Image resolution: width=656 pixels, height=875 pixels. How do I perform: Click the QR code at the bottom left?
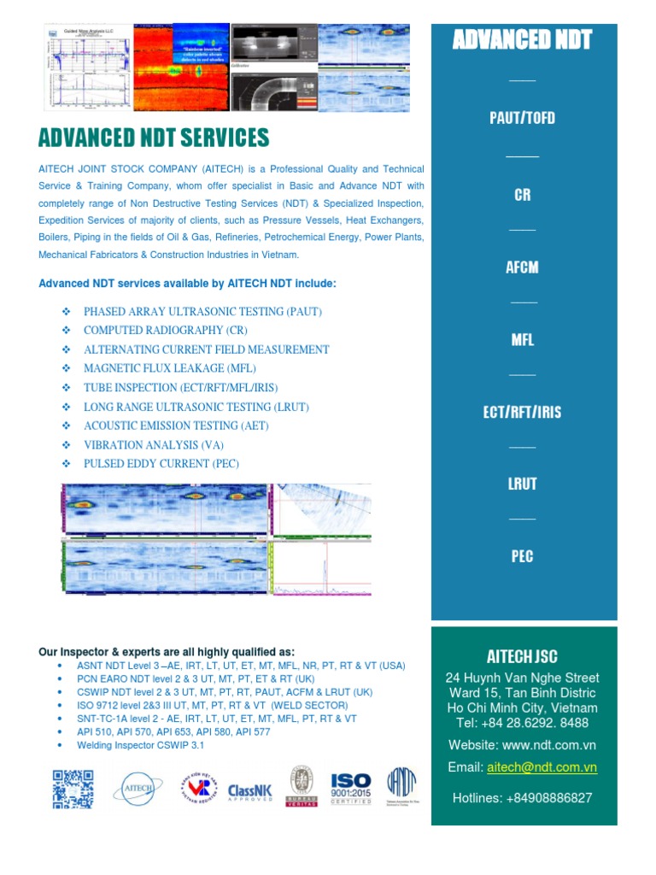[73, 789]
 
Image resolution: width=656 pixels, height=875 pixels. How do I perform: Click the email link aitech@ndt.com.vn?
[542, 767]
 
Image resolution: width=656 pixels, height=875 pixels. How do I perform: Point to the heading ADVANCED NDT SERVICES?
[154, 138]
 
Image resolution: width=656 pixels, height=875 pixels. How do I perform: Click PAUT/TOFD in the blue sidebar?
[522, 118]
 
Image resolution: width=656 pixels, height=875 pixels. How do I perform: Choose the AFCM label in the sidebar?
[522, 267]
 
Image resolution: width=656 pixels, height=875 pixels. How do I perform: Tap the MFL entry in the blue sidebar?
[522, 340]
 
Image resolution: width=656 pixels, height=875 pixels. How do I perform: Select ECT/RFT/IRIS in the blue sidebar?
[522, 412]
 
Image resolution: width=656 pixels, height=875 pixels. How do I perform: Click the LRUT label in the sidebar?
[522, 484]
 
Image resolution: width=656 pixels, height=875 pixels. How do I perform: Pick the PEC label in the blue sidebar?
[522, 556]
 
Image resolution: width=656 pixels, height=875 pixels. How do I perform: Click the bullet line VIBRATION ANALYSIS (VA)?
[153, 445]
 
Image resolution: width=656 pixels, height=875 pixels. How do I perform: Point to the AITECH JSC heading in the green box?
[522, 656]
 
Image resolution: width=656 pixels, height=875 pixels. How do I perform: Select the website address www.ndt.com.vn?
[558, 745]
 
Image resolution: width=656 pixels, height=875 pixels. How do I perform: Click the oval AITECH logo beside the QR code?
[138, 790]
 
